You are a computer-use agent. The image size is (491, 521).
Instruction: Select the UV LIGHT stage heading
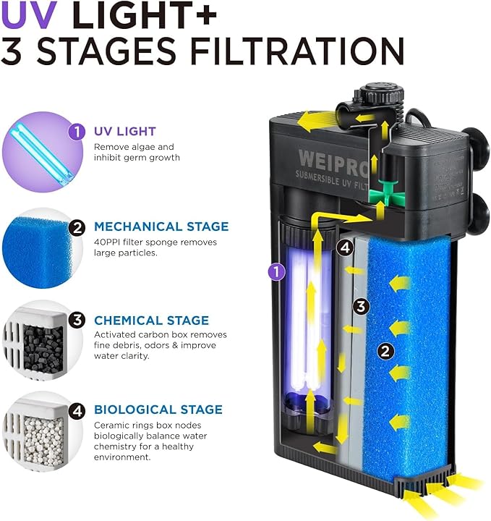(x=124, y=132)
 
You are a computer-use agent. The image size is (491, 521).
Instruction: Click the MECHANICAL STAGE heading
(x=161, y=226)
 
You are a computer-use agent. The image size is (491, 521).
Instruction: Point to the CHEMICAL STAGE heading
(x=151, y=321)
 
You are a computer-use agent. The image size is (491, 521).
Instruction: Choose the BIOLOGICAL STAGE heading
(x=158, y=410)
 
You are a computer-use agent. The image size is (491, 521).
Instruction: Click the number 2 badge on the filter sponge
(x=386, y=352)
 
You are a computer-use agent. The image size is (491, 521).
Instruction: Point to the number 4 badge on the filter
(x=346, y=247)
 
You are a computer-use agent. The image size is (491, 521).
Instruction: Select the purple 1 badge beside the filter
(x=274, y=271)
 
